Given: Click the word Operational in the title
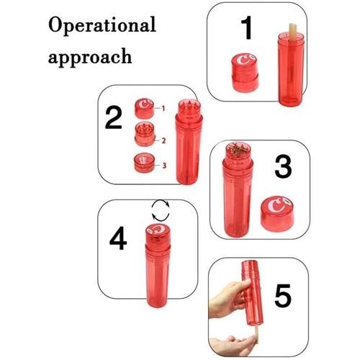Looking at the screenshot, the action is pos(102,25).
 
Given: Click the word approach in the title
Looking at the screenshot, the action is pos(90,57).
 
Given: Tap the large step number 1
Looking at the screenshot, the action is pos(246,28).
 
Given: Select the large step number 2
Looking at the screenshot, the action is pos(114,117).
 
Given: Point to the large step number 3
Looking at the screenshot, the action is pos(283,167).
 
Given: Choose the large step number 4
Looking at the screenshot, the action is pos(118,238).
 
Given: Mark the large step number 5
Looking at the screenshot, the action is pos(283,295).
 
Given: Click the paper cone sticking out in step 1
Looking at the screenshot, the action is pos(291,30).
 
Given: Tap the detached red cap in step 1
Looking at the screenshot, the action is pos(245,73).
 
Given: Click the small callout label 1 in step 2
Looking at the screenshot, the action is pos(163,109).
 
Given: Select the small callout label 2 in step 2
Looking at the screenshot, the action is pos(163,140).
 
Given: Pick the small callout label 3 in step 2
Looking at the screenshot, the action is pos(164,166).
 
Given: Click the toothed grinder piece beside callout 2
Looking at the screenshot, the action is pos(145,134).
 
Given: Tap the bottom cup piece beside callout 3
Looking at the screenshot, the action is pos(145,163).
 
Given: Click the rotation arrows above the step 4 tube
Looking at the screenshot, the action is pos(161,210).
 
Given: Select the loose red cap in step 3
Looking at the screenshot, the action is pos(276,214).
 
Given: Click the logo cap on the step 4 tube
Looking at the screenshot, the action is pos(158,234).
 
